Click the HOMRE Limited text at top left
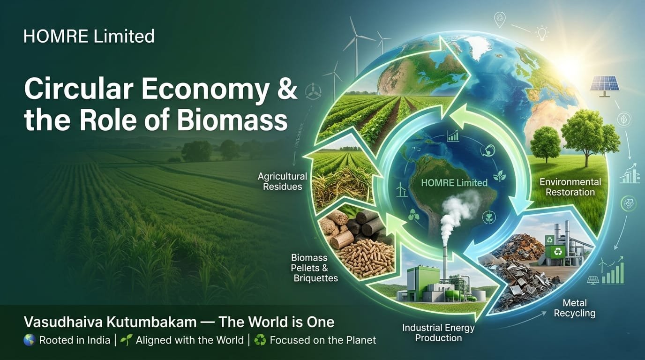point(89,36)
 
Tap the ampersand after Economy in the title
point(285,89)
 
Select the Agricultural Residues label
point(282,181)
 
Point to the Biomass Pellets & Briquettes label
point(314,268)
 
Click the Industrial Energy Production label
point(438,333)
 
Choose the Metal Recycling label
point(575,308)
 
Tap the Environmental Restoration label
point(570,187)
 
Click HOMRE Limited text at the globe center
point(454,183)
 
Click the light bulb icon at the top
point(542,33)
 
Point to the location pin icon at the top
point(500,20)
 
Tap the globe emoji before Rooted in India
point(30,340)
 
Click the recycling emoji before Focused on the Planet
point(260,340)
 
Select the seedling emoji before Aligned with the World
point(126,340)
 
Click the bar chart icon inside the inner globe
point(453,135)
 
